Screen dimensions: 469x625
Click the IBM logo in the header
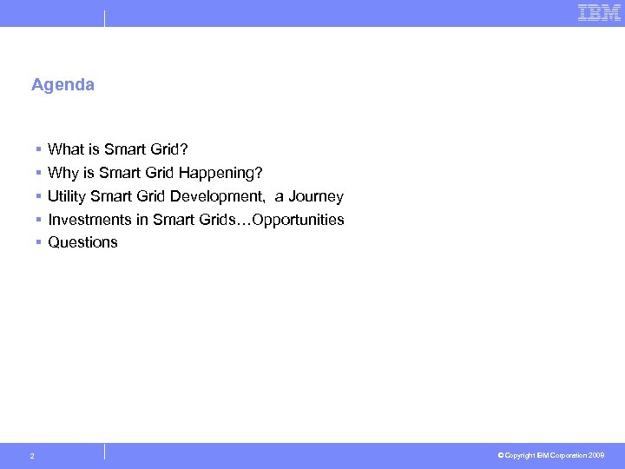click(599, 12)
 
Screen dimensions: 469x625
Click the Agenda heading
click(62, 85)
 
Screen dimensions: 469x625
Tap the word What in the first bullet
click(65, 149)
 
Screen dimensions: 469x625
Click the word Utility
click(66, 196)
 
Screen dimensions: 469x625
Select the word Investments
click(89, 220)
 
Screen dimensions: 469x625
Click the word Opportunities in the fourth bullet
click(296, 220)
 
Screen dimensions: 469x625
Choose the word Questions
click(82, 242)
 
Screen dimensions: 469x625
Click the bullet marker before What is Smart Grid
click(39, 150)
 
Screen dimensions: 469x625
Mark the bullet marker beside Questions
click(39, 243)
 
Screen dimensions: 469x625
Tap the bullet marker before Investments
click(39, 221)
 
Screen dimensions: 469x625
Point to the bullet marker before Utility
click(39, 197)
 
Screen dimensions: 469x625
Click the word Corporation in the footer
click(568, 455)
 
